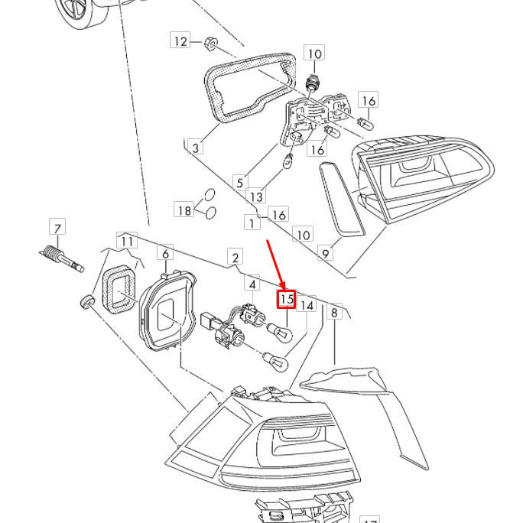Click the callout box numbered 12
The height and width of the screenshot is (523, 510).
180,41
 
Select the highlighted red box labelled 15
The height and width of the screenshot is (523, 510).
287,299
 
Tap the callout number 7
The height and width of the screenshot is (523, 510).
57,228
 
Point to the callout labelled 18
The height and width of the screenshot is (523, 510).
184,210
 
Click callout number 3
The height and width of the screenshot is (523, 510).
196,147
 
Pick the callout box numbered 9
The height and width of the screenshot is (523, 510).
326,253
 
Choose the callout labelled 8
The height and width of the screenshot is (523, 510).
334,311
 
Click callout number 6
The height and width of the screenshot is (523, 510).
165,253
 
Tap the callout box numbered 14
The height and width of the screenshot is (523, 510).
306,304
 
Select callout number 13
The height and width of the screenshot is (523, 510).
256,196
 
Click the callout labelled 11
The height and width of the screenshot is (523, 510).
127,241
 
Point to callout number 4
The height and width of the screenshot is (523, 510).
252,284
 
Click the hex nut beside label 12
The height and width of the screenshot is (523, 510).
211,44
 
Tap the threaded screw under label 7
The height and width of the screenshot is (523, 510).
61,258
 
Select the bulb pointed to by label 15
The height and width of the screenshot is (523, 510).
280,332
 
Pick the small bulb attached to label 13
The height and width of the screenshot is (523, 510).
287,161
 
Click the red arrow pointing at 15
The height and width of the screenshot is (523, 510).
275,265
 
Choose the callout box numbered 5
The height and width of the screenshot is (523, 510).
240,182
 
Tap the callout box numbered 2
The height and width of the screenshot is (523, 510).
236,257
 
